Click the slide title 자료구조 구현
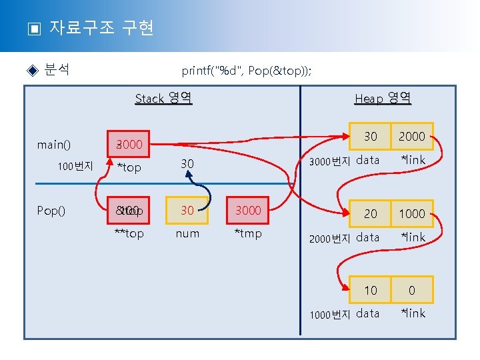pos(101,28)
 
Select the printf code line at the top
pos(246,71)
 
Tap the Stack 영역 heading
pos(163,99)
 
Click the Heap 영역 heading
pos(383,99)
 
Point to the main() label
pos(55,145)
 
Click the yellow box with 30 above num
pos(187,211)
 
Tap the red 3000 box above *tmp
pos(248,211)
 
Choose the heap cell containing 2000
pos(411,137)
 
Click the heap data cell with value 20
pos(370,213)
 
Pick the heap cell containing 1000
pos(411,213)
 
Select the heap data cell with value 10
pos(370,290)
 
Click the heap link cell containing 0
pos(411,290)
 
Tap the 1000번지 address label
pos(330,315)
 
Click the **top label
pos(129,233)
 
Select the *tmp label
pos(248,233)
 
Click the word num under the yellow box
pos(187,233)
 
